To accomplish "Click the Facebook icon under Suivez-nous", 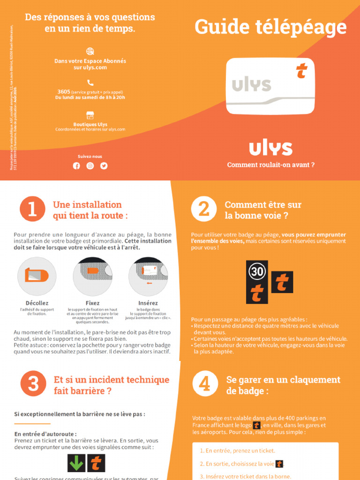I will [x=76, y=165].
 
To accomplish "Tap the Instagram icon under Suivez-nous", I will [x=90, y=165].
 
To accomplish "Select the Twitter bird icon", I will [x=104, y=165].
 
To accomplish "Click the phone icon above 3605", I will [x=90, y=82].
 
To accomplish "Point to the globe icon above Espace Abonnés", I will [x=90, y=51].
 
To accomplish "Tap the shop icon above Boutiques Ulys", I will [x=90, y=115].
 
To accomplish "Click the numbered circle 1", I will [x=32, y=209].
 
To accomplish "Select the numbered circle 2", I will [x=204, y=209].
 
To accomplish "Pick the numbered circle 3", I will [x=32, y=383].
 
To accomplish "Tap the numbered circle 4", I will [x=204, y=383].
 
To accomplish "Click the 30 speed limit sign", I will [x=257, y=271].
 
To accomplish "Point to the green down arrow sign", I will [x=76, y=463].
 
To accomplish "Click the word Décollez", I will [x=37, y=303].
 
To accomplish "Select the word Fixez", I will [x=92, y=303].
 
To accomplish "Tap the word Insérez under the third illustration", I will [x=148, y=303].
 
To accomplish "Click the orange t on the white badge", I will [x=301, y=71].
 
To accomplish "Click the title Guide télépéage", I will [x=270, y=28].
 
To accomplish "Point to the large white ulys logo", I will [x=270, y=148].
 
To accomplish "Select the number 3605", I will [x=64, y=92].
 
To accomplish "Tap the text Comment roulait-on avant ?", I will [x=270, y=165].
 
